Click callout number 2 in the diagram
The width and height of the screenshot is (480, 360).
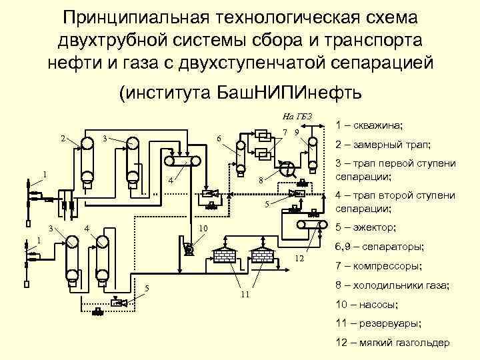[x=63, y=139]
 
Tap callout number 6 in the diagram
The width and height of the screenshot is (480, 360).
[x=219, y=139]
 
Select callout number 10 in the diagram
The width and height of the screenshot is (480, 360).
[x=204, y=229]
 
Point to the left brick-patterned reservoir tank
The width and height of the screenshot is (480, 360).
[x=226, y=255]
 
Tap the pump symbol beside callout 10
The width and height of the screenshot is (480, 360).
[x=188, y=249]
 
